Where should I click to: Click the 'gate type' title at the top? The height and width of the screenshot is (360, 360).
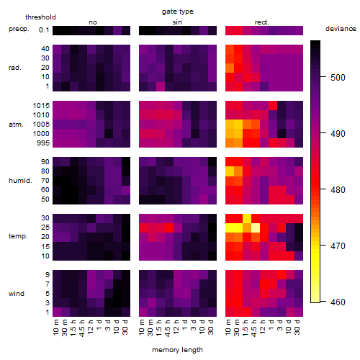coord(178,12)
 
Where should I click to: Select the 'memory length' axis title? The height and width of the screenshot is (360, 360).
coord(177,350)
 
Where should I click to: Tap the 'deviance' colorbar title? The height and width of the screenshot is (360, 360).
coord(341,29)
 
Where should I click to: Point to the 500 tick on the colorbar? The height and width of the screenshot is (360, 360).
coord(323,77)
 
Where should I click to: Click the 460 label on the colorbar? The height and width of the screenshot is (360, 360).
coord(338,302)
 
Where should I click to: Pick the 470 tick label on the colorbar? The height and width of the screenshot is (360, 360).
coord(338,246)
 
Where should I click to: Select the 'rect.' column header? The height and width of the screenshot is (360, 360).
coord(261,22)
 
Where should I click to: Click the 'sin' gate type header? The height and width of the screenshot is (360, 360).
coord(177,22)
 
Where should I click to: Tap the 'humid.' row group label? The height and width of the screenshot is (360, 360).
coord(20,181)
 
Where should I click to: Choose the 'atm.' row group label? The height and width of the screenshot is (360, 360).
coord(16,125)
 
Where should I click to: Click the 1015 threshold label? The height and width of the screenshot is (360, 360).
coord(41,105)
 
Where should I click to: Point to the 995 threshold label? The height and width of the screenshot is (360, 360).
coord(43,143)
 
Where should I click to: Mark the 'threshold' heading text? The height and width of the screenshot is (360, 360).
coord(40,17)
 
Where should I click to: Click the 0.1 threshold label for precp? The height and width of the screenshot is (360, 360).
coord(44,30)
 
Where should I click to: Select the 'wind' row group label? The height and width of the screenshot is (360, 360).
coord(17,294)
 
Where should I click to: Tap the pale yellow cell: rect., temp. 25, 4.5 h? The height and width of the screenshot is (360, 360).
coord(256,228)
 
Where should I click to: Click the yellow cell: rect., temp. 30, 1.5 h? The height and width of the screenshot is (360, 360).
coord(247,218)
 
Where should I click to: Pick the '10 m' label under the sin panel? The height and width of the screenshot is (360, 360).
coord(143,327)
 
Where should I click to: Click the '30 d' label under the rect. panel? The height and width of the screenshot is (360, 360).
coord(297,327)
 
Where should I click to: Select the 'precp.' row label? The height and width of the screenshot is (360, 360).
coord(19,29)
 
